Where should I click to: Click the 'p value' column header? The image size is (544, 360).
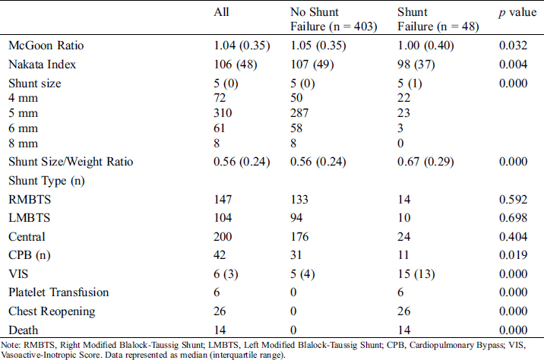[x=513, y=13]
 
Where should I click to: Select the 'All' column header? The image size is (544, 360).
[x=222, y=13]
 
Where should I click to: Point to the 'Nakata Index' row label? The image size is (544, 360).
[x=40, y=65]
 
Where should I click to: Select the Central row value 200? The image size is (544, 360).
[x=224, y=238]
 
